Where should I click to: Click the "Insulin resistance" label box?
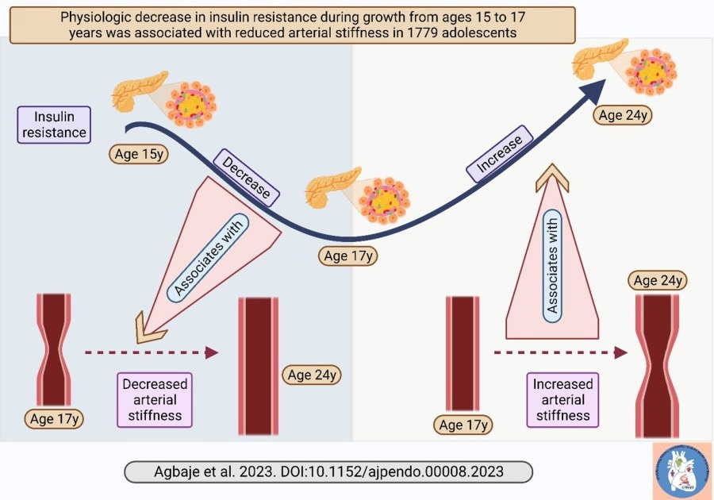[x=54, y=125]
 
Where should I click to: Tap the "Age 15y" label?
[x=139, y=154]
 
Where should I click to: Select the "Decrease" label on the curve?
[x=246, y=175]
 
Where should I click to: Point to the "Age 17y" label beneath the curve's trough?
[x=349, y=256]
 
